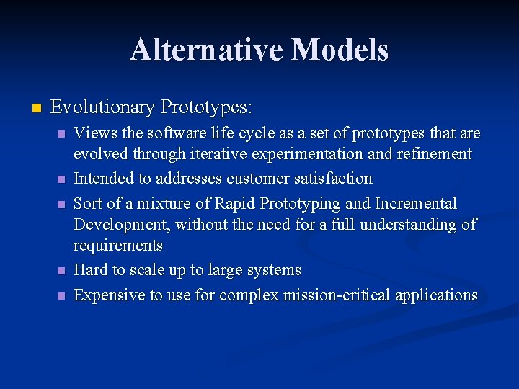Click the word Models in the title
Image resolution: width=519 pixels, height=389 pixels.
340,50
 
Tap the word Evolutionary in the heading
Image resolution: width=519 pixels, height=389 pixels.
103,108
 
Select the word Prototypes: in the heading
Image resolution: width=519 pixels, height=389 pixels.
207,108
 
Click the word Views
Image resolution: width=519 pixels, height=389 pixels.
93,133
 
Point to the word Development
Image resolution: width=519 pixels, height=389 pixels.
122,225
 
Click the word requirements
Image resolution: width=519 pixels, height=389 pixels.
118,246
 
